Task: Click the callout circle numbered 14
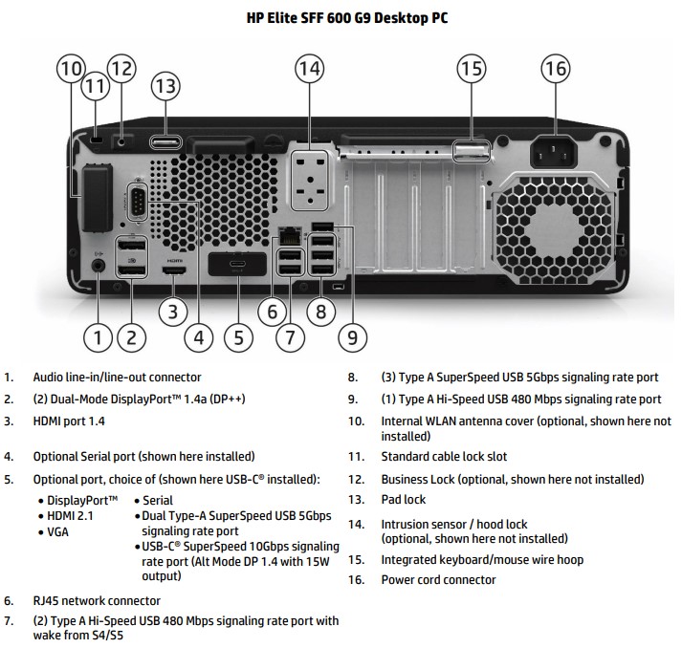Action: pos(309,69)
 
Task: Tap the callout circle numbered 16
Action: pos(556,69)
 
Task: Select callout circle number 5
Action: pos(238,336)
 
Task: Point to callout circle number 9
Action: pos(352,336)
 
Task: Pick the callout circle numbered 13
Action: pos(165,86)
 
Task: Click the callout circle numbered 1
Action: pos(99,336)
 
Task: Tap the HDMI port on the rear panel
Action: pos(174,271)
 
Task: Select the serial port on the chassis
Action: pos(136,203)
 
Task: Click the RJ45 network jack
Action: pos(287,235)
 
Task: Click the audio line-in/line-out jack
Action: pos(99,267)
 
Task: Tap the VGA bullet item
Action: pos(58,532)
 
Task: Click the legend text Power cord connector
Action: pos(438,580)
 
